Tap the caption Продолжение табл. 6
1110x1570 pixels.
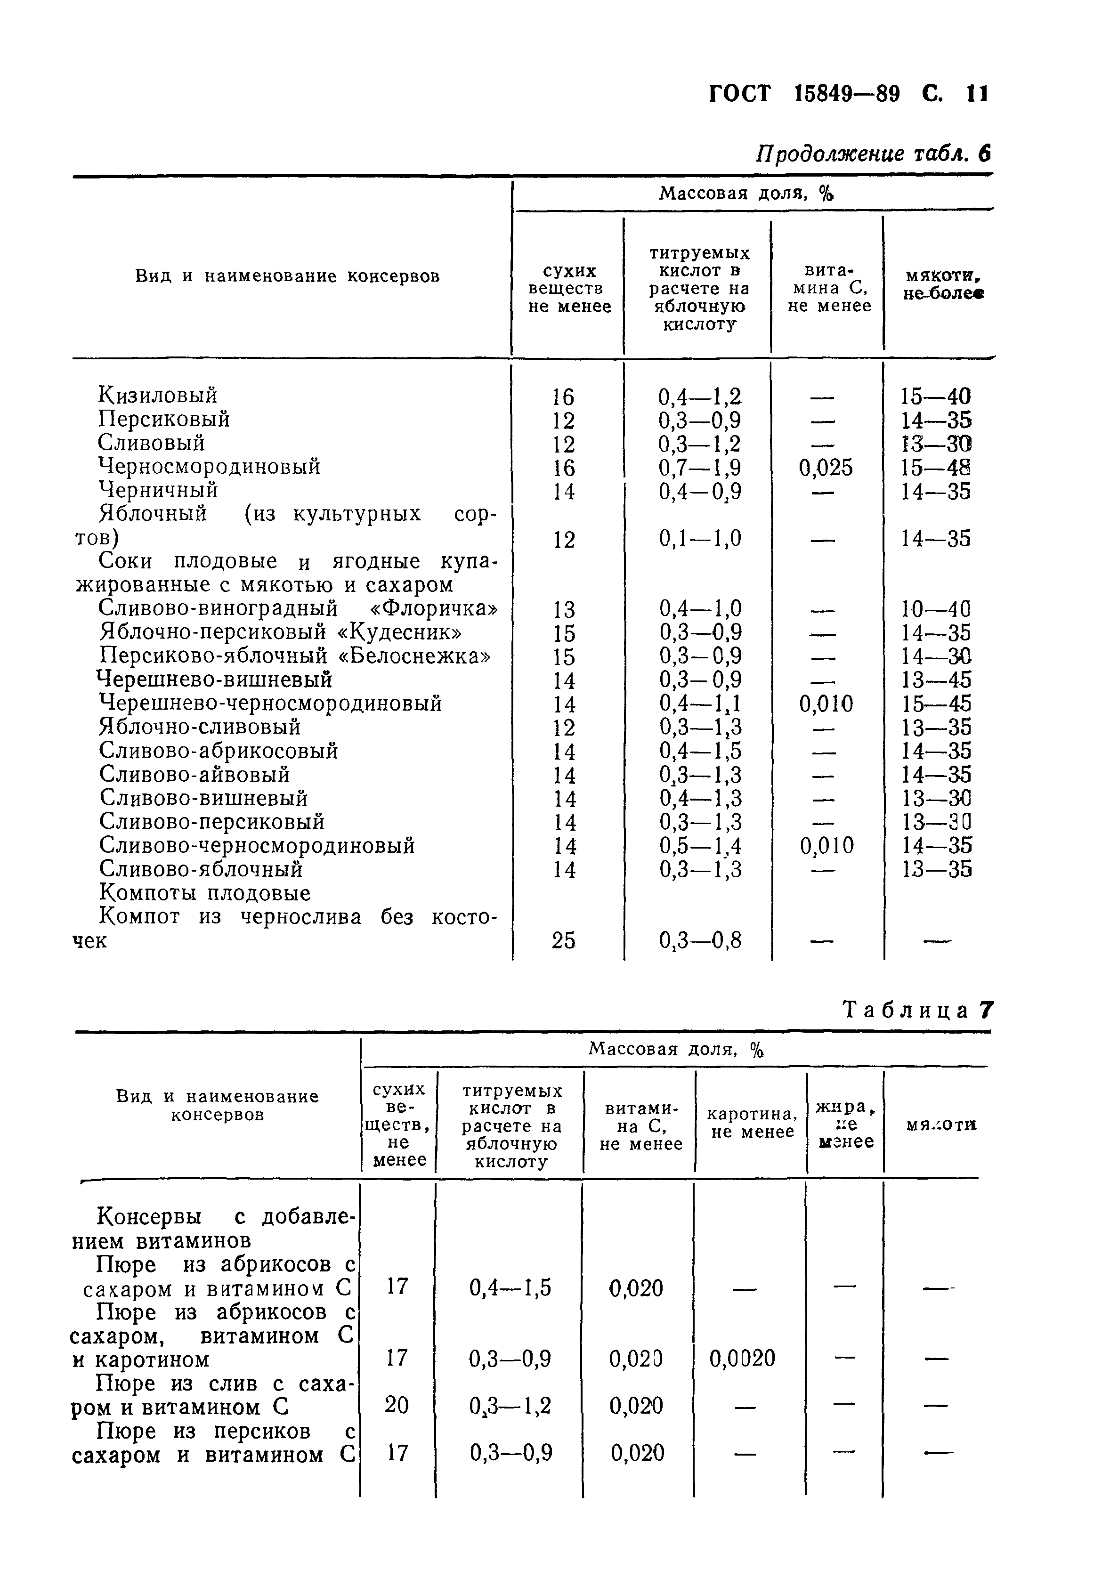point(872,154)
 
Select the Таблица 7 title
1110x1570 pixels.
point(917,1010)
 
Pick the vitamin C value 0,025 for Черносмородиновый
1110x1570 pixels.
point(826,468)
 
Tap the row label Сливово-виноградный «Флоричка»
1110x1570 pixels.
point(298,608)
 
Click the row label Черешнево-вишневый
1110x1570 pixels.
point(215,680)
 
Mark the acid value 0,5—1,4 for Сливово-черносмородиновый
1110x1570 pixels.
point(700,846)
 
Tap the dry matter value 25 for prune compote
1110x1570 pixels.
point(564,941)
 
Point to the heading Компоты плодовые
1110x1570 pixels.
point(205,893)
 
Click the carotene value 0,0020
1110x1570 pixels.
point(742,1357)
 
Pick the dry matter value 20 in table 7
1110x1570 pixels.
point(397,1405)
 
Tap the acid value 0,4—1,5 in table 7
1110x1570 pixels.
point(510,1288)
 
